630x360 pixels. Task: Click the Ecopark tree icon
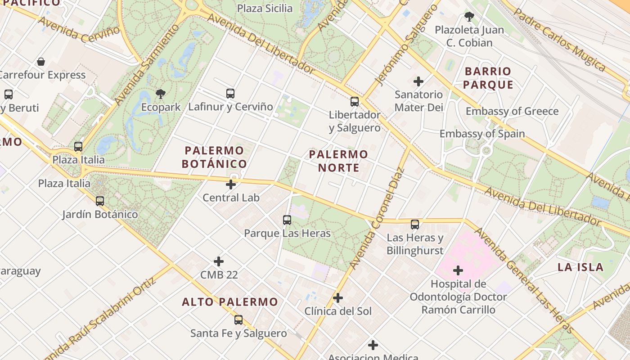160,94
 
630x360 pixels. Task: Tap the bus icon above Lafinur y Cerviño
230,94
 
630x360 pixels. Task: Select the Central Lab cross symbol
231,184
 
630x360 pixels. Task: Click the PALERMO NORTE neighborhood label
338,161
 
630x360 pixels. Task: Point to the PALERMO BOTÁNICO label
214,157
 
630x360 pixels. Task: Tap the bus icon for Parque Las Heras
287,220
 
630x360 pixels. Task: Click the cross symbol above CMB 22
219,261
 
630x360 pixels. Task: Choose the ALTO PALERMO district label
230,302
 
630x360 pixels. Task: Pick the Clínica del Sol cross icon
338,298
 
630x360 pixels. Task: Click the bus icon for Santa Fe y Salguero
238,320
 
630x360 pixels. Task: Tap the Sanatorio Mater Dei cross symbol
418,81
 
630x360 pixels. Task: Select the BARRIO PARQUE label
488,78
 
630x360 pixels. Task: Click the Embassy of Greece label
512,111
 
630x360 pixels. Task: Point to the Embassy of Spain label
482,134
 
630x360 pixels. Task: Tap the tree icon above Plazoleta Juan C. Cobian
469,17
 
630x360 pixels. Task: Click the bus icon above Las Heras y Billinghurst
415,224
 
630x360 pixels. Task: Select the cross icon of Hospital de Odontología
458,270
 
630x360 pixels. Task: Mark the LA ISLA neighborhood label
580,267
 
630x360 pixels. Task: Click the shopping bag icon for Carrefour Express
41,62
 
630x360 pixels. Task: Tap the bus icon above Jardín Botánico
100,201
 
